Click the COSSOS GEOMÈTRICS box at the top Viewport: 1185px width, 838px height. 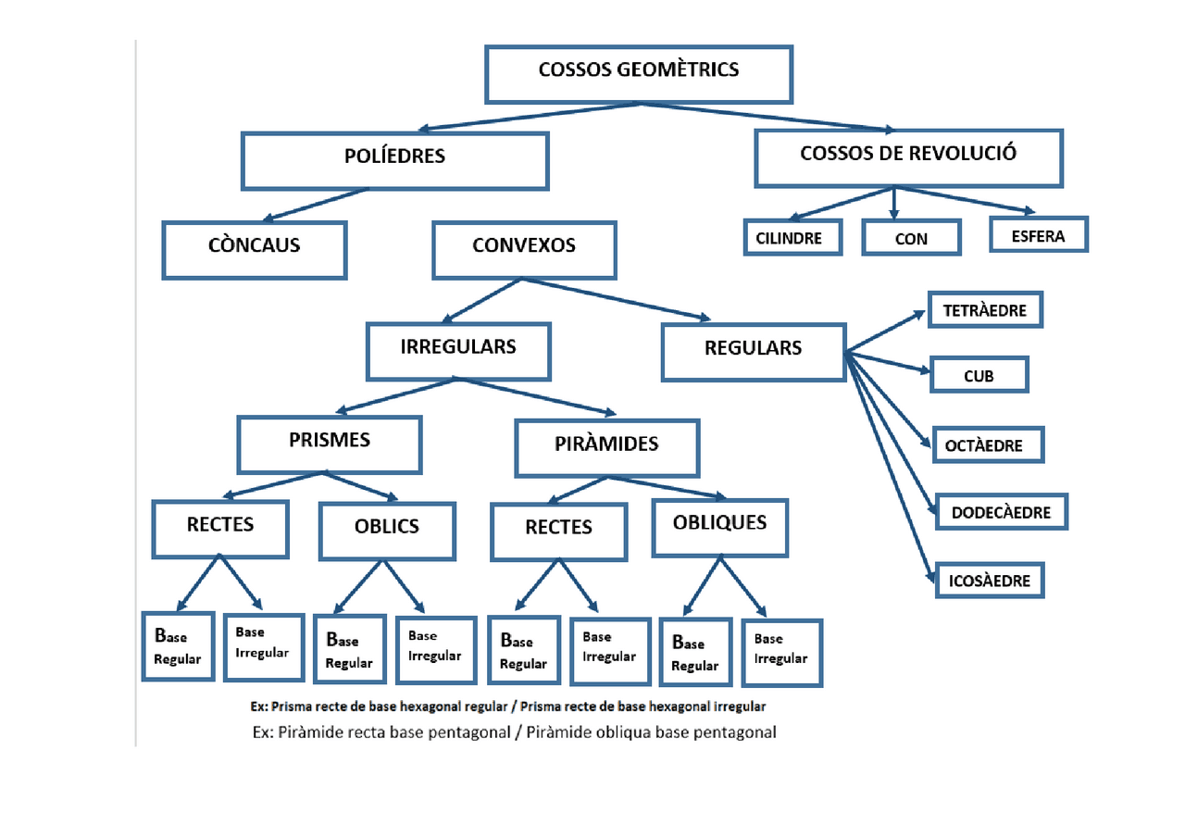pos(639,74)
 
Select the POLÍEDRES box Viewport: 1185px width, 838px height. pos(395,160)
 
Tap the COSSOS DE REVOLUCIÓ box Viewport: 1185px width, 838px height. pos(908,157)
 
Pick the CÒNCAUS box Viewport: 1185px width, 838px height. pos(255,250)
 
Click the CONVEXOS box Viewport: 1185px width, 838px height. pos(524,250)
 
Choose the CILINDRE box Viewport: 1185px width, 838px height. pos(793,238)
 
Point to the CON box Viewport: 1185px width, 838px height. pos(912,238)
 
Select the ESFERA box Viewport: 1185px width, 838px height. pos(1038,235)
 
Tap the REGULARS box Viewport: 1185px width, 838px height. pos(754,352)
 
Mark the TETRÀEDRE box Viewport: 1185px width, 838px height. pos(985,310)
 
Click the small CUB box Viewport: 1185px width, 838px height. pos(979,376)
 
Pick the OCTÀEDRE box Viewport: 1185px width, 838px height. pos(989,445)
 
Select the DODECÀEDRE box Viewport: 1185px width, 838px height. pos(1002,511)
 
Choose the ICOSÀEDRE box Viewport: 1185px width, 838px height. pos(989,582)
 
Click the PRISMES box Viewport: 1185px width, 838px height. pos(330,444)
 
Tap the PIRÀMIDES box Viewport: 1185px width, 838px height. pos(607,448)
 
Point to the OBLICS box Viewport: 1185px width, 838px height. pos(387,531)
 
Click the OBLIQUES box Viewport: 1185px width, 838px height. pos(720,528)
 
